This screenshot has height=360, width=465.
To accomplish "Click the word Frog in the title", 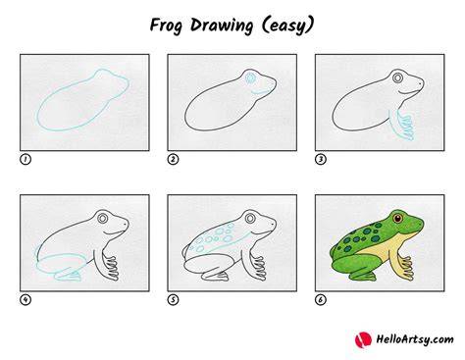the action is pos(166,26).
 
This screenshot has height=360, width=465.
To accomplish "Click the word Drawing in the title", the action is pos(222,26).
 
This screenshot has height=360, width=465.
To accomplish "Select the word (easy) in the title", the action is pos(288,26).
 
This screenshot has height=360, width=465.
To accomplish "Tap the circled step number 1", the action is pos(26,159).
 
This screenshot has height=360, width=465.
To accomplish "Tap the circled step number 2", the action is pos(173,159).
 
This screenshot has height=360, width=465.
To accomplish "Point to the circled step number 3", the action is pos(321,159).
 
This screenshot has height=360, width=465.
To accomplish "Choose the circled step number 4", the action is pos(26,299).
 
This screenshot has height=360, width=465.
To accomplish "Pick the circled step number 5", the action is pos(173,299).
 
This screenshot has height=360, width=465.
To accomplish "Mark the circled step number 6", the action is pos(321,299).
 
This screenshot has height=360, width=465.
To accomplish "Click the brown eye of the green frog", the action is pos(397,218).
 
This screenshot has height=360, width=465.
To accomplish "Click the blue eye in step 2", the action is pos(250,78).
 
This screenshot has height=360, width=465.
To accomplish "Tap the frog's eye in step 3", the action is pos(398,78).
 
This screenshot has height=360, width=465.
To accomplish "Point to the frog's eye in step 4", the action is pos(103,218).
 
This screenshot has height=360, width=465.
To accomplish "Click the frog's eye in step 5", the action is pos(250,218).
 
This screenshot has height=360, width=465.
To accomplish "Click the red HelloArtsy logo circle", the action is pos(363,339).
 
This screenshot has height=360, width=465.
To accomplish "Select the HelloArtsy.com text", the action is pos(415,339).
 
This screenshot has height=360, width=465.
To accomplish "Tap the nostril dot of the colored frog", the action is pos(420,223).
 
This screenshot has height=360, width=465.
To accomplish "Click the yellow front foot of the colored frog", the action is pos(406,268).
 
